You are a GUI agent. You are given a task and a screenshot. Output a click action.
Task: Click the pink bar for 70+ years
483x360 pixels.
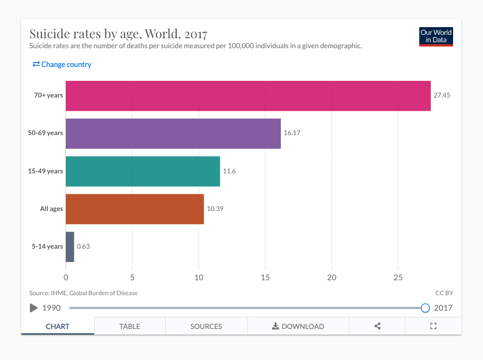pos(248,96)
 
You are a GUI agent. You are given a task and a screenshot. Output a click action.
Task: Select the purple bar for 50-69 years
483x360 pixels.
pos(173,133)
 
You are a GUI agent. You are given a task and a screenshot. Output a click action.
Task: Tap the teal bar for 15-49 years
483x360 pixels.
pos(143,171)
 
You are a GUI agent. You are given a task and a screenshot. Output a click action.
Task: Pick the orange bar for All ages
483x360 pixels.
pos(135,209)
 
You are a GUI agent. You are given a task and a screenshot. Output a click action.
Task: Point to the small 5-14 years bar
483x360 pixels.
pos(70,246)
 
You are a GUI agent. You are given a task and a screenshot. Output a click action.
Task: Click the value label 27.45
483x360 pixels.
pos(442,95)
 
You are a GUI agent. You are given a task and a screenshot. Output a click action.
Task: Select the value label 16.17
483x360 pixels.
pos(292,133)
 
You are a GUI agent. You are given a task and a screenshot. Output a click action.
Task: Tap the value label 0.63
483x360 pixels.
pos(83,246)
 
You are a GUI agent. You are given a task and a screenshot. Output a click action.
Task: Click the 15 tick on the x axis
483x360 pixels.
pos(265,277)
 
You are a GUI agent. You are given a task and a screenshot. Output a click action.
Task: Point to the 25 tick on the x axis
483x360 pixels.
pos(398,277)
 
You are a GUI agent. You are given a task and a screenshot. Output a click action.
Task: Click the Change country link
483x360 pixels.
pos(62,64)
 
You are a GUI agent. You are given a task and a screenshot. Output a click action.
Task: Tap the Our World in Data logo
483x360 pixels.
pos(436,37)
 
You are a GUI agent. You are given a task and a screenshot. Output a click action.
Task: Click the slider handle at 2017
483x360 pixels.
pos(425,308)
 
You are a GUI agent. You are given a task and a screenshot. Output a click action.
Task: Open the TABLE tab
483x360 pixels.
pos(130,326)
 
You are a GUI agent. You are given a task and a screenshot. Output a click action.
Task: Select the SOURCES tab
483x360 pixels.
pos(206,326)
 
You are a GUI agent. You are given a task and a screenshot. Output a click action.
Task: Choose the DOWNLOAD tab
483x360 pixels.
pos(298,326)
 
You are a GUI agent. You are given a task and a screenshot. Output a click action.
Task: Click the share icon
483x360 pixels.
pos(377,326)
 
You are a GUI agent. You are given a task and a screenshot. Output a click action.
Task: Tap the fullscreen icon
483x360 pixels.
pos(434,326)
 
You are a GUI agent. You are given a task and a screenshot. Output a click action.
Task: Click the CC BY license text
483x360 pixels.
pos(444,293)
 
